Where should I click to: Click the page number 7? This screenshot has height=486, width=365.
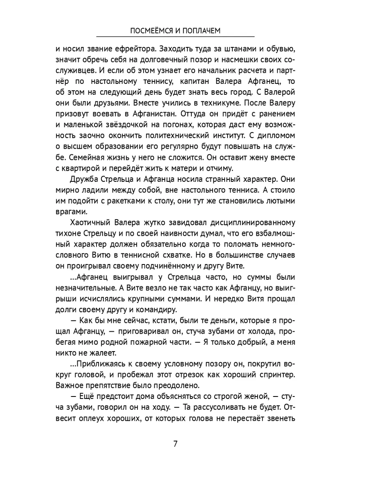pyautogui.click(x=175, y=443)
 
